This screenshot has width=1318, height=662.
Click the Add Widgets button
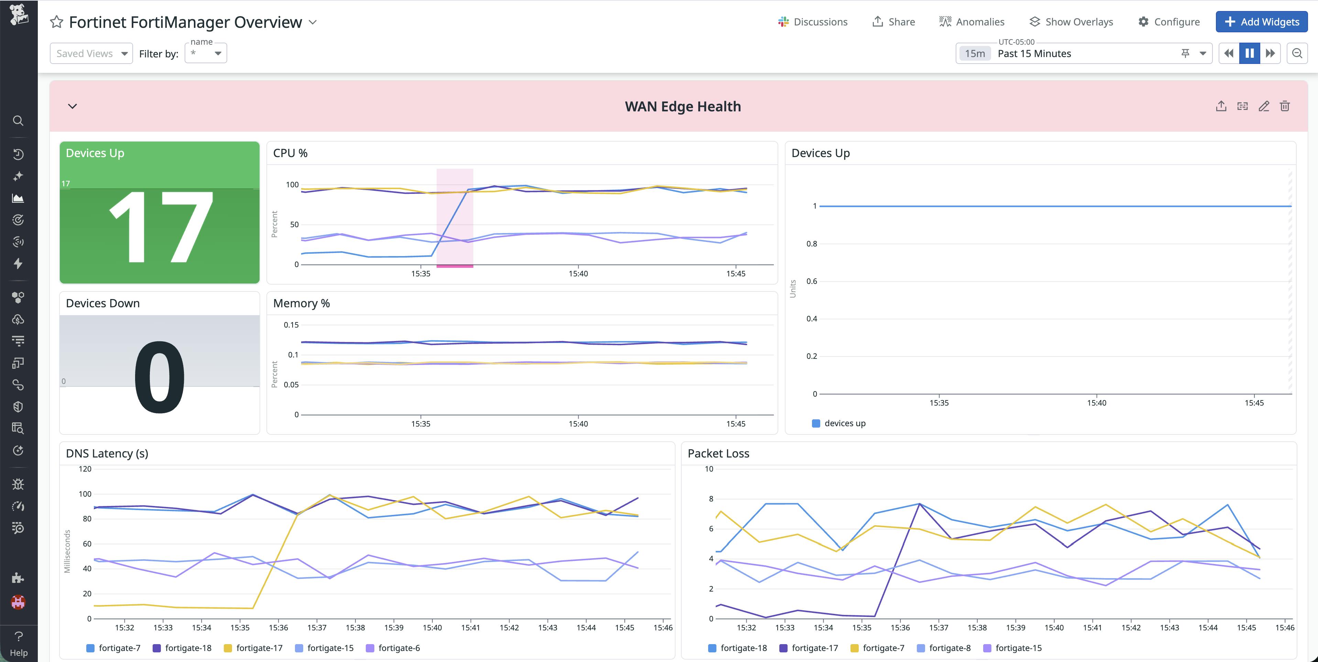pyautogui.click(x=1261, y=22)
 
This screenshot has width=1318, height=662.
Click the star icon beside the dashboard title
pyautogui.click(x=56, y=22)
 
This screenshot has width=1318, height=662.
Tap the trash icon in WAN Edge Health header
pyautogui.click(x=1285, y=107)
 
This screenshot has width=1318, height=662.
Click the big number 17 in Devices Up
pyautogui.click(x=160, y=228)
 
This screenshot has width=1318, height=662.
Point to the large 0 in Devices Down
pyautogui.click(x=160, y=377)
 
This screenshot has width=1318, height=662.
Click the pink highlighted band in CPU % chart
pyautogui.click(x=454, y=218)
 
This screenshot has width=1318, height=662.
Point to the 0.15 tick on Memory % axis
pyautogui.click(x=291, y=325)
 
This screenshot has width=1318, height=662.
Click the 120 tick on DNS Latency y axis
pyautogui.click(x=85, y=468)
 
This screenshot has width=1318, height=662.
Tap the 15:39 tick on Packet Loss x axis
pyautogui.click(x=1015, y=628)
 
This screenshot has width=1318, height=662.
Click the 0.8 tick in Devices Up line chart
pyautogui.click(x=812, y=243)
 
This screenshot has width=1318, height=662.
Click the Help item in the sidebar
pyautogui.click(x=19, y=643)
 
